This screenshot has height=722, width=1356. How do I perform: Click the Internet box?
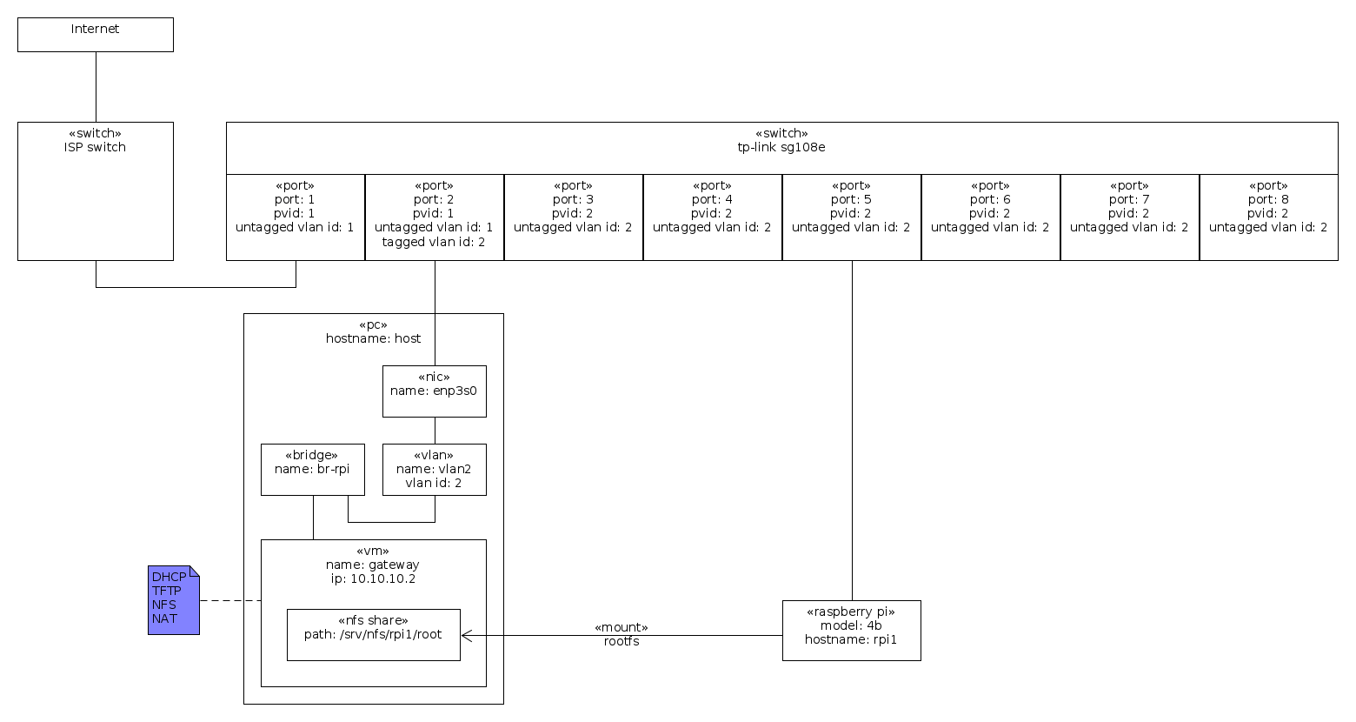[96, 35]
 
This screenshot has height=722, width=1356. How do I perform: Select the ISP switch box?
[96, 191]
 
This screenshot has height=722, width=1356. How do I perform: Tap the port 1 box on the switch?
[296, 217]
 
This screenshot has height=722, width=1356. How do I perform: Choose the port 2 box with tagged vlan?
[435, 217]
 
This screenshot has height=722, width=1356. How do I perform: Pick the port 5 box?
[852, 217]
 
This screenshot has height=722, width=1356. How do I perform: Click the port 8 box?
[1268, 217]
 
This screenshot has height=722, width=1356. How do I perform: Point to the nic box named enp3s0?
[435, 391]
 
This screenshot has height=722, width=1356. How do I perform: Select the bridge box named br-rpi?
[313, 470]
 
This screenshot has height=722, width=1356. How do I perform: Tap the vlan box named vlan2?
[435, 470]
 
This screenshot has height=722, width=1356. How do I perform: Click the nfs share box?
[374, 635]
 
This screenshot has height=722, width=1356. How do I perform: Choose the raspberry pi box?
[852, 631]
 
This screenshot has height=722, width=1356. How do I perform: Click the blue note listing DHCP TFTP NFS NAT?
[173, 599]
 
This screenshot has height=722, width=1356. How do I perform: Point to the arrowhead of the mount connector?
[465, 636]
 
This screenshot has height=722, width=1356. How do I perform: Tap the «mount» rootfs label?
[621, 634]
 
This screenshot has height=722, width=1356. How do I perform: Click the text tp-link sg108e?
[781, 148]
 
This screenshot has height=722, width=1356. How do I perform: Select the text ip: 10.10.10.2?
[373, 579]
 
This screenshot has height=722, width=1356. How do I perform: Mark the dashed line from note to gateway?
[230, 600]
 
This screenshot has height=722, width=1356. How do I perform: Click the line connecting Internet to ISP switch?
[96, 87]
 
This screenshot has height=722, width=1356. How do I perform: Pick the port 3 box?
[574, 217]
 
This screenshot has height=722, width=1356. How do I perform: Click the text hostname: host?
[373, 339]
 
